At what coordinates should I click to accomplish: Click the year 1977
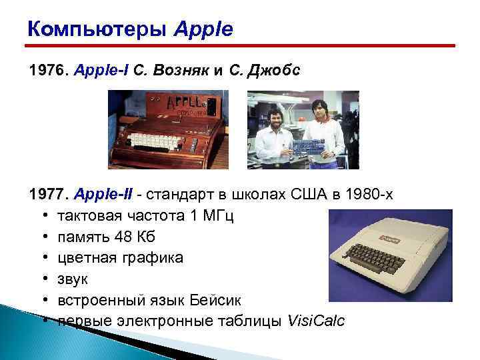coord(43,195)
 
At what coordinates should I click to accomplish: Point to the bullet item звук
coord(71,279)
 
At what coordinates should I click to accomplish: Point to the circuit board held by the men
coord(303,145)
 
